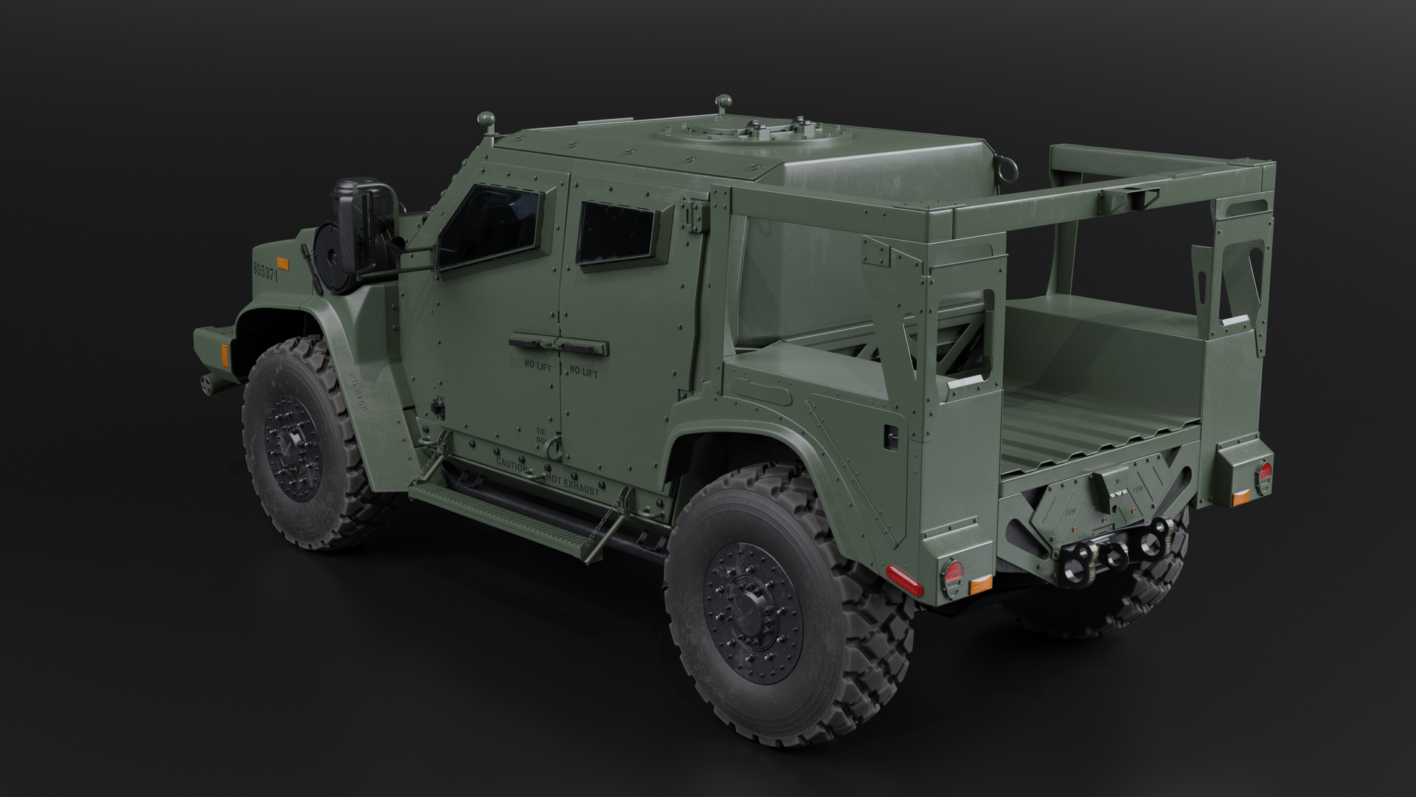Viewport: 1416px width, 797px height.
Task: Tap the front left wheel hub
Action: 291,447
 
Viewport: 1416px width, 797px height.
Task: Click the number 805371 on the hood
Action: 265,269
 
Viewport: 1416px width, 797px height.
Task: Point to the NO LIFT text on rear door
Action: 582,373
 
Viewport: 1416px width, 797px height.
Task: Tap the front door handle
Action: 531,342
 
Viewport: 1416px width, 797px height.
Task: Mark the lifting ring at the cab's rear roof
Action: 1002,165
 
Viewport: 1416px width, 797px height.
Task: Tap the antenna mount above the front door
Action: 486,121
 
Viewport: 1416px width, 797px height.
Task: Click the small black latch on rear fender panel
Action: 891,436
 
